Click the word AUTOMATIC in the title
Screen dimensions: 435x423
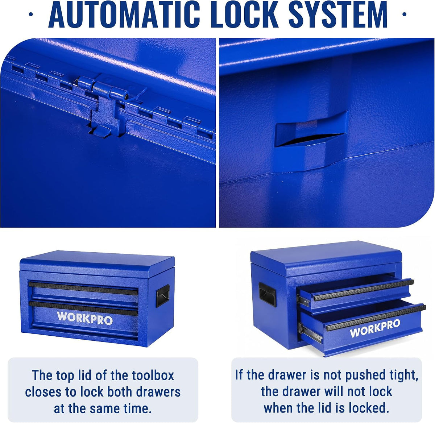(x=124, y=14)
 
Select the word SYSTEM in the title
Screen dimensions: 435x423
(x=338, y=14)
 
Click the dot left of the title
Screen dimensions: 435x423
(x=31, y=14)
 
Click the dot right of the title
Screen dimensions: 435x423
(x=404, y=14)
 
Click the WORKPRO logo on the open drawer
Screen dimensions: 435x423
(x=375, y=328)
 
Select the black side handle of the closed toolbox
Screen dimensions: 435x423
(x=162, y=295)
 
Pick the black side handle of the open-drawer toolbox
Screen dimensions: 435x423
(x=267, y=294)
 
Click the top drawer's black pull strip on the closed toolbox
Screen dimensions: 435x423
(x=83, y=289)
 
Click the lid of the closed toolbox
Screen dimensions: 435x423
(x=97, y=264)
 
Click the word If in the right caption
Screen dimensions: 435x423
(x=239, y=375)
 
